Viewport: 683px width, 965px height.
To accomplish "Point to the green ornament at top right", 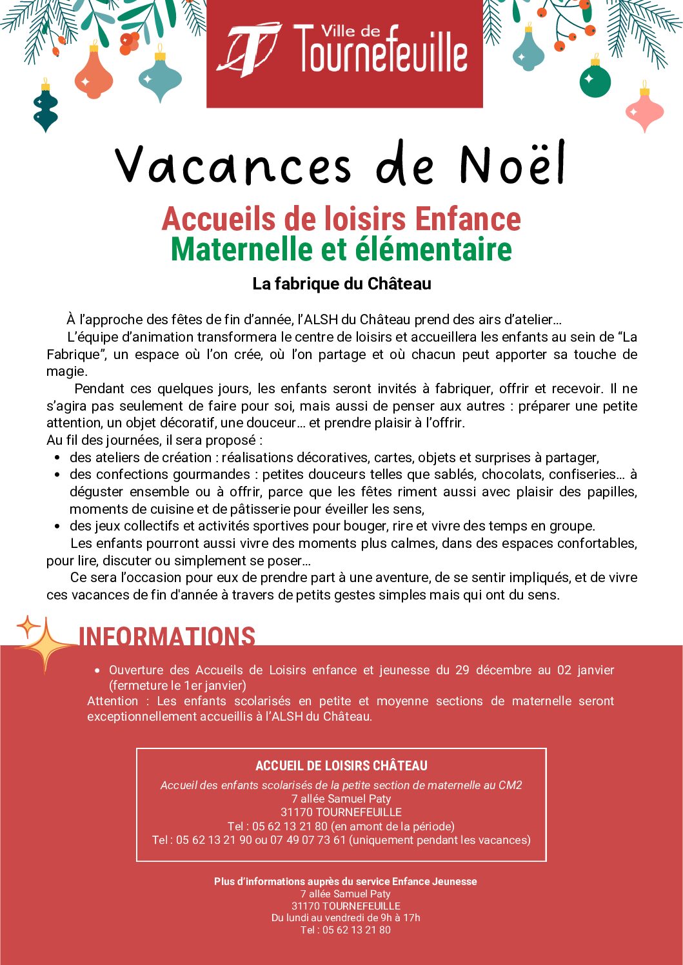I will click(x=595, y=81).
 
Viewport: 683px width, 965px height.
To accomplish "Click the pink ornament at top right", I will click(x=644, y=111).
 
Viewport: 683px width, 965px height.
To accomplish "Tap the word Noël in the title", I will click(x=512, y=164).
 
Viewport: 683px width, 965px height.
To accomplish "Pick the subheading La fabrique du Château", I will click(x=341, y=284).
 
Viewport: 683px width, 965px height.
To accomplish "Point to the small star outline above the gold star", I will click(x=28, y=626).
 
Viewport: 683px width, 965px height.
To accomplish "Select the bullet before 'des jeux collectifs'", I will click(x=57, y=527).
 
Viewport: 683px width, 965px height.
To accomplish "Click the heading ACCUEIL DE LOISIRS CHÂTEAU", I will click(x=341, y=766).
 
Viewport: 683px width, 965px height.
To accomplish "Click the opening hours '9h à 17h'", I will click(x=400, y=918).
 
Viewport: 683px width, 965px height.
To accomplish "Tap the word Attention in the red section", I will click(x=113, y=701).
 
